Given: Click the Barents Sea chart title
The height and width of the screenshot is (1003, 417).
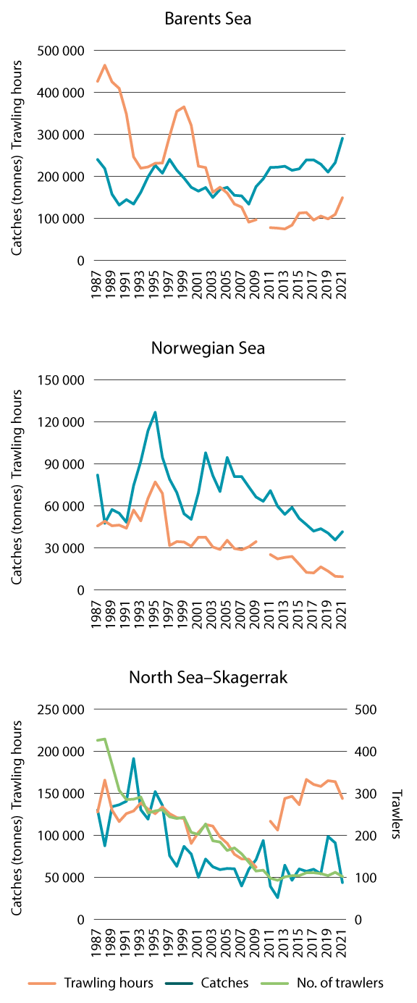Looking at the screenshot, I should tap(208, 19).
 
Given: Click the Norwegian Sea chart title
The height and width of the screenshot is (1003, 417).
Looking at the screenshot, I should tap(208, 348).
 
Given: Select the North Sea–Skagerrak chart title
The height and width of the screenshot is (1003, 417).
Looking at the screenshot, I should tap(208, 678).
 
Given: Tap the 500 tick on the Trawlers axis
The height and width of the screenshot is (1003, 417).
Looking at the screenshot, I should tap(366, 710).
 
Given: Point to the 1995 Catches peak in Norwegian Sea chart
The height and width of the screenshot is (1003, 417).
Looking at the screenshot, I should tap(155, 412).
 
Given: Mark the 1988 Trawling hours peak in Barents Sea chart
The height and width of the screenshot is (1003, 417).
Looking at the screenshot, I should tap(105, 65).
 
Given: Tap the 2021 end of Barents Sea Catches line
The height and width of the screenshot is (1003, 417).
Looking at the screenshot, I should tap(342, 138).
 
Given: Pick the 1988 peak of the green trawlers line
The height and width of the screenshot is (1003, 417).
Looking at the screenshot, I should tap(105, 739).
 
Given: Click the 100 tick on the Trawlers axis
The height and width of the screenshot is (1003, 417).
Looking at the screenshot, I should tap(366, 878).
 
